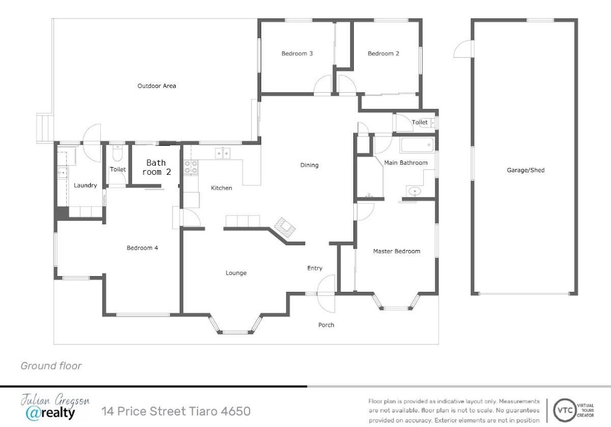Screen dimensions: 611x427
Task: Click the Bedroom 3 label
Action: pos(297,54)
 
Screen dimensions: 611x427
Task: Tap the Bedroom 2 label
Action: pos(383,54)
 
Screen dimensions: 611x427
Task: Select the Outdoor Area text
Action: pos(157,86)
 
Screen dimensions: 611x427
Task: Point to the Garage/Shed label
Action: pos(525,170)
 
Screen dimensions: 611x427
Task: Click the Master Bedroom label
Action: pos(397,251)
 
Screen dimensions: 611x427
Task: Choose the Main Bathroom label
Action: pos(406,163)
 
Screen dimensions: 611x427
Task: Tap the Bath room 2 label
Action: pos(156,167)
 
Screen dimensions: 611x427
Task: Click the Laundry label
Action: pos(86,185)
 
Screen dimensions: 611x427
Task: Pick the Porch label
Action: pos(326,325)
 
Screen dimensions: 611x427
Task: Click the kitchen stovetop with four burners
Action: pos(191,167)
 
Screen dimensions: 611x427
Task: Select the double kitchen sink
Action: pos(223,153)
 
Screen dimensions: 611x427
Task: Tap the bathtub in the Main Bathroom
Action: pos(417,145)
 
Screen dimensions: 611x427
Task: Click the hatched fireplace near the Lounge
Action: pos(285,228)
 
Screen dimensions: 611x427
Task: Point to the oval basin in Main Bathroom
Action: pos(414,191)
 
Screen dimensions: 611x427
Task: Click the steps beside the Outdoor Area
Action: pos(45,128)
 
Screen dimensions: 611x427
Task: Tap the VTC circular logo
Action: pos(565,410)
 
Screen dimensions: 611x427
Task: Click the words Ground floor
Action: pos(51,366)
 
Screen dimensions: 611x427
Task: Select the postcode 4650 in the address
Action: pos(236,411)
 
